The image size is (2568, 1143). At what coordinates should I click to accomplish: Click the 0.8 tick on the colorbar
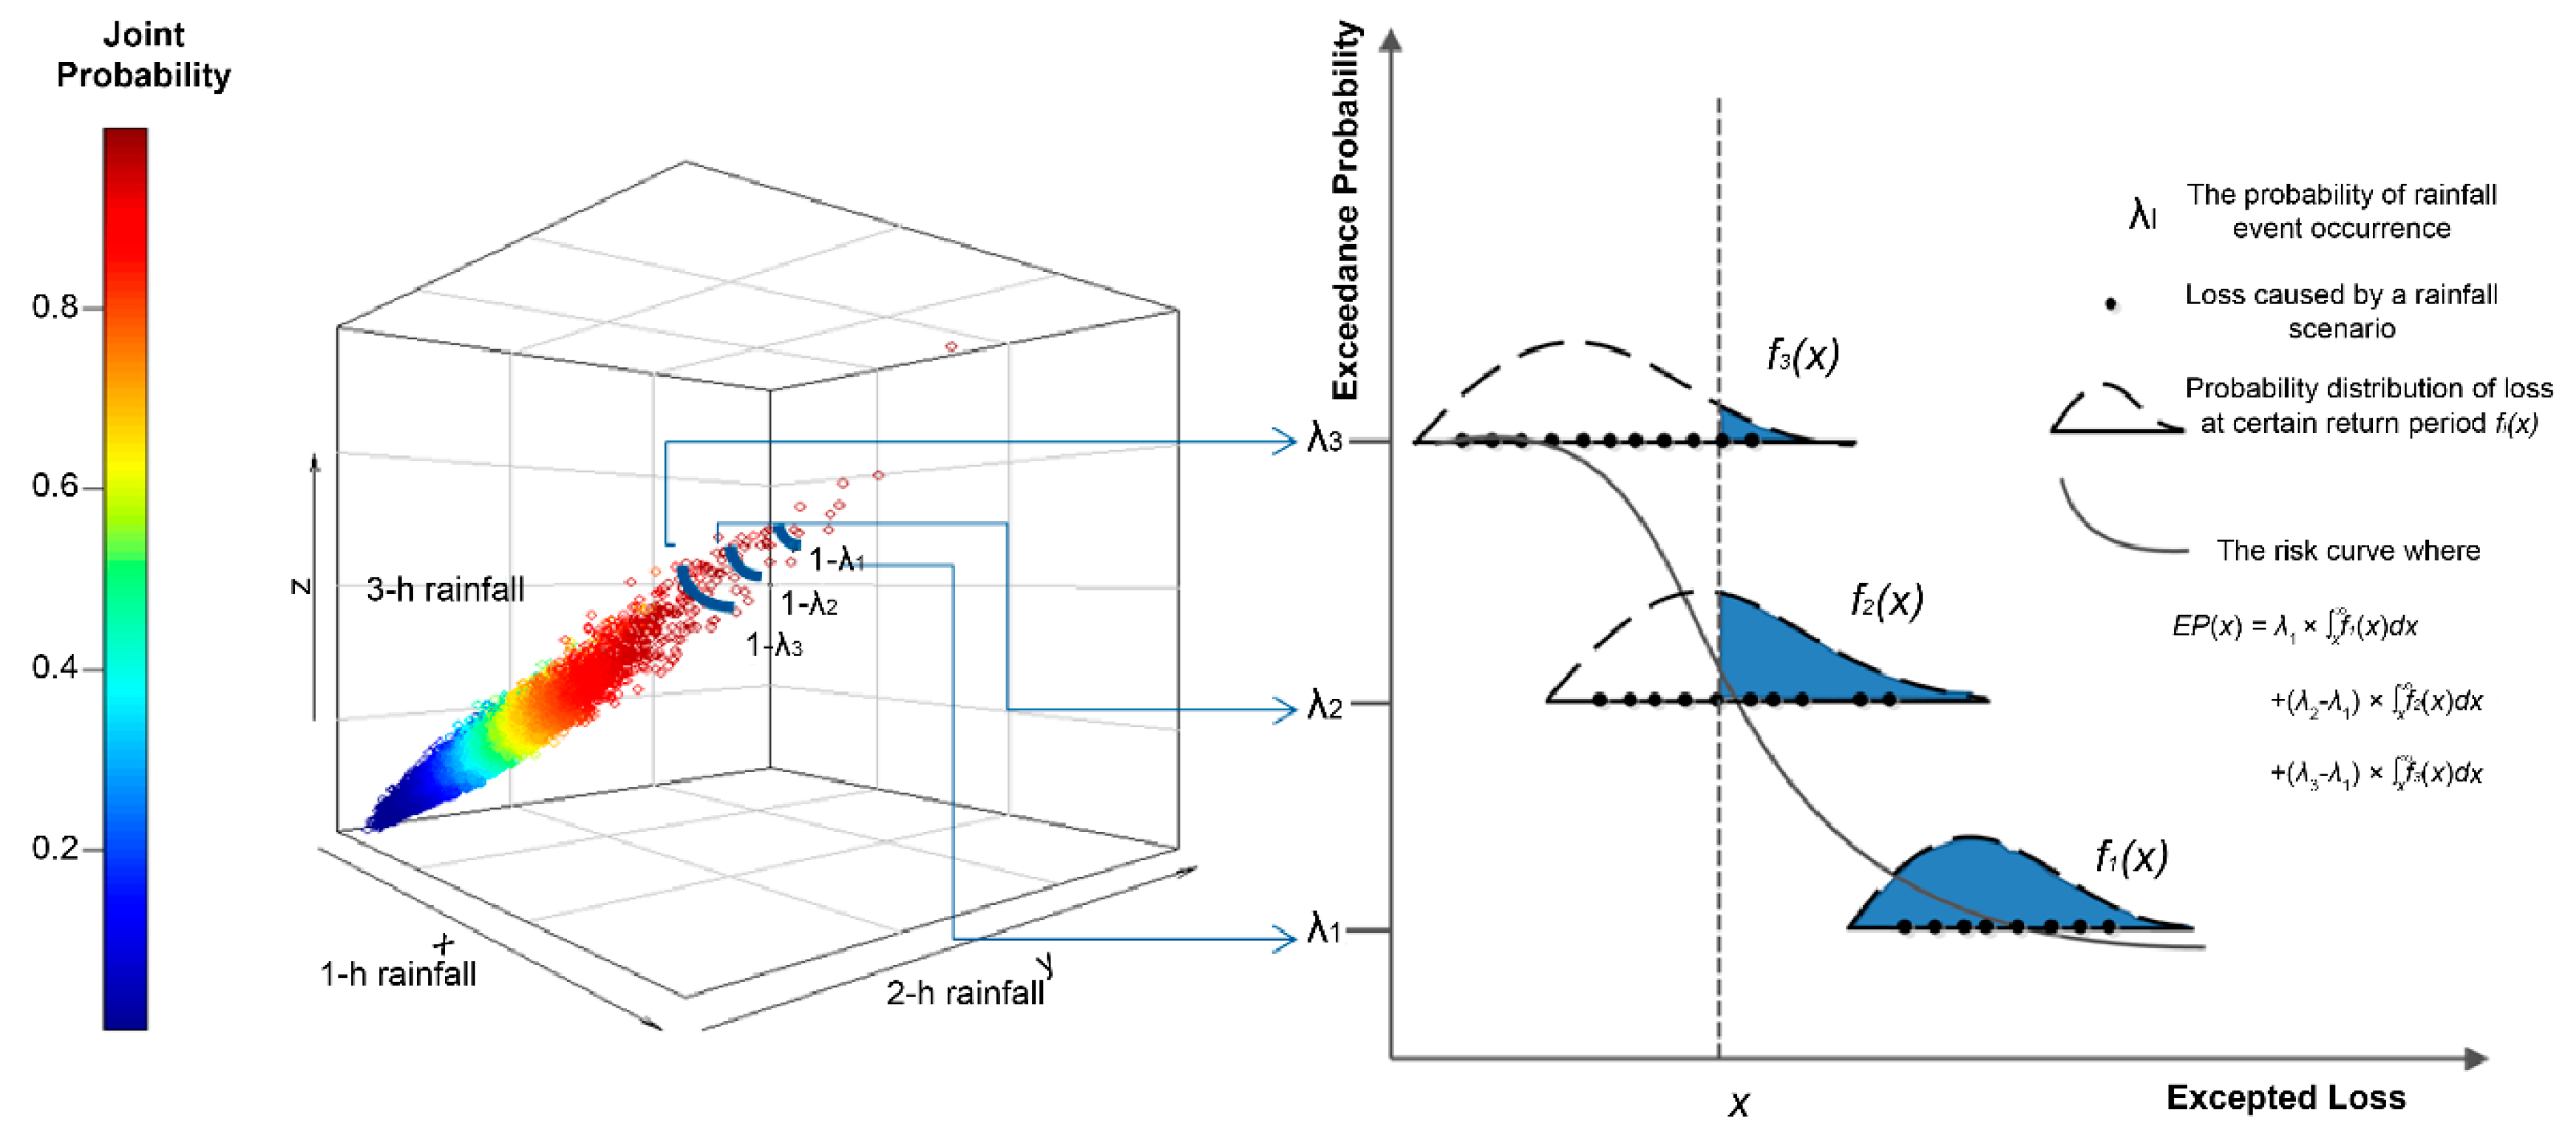pyautogui.click(x=54, y=307)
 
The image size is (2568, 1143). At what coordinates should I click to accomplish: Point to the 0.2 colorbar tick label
pyautogui.click(x=54, y=848)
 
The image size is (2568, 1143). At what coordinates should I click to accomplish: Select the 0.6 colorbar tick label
pyautogui.click(x=54, y=486)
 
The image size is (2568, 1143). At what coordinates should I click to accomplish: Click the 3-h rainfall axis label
pyautogui.click(x=444, y=589)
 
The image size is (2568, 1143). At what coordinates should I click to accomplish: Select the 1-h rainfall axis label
pyautogui.click(x=398, y=974)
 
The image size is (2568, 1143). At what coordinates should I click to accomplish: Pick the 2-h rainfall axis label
pyautogui.click(x=964, y=992)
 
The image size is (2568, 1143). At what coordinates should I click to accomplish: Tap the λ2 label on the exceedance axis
pyautogui.click(x=1325, y=706)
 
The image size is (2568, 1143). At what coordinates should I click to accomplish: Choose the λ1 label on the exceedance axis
pyautogui.click(x=1324, y=929)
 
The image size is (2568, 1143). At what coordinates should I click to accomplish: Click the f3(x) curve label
pyautogui.click(x=1802, y=355)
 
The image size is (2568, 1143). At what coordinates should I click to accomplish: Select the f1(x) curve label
pyautogui.click(x=2130, y=856)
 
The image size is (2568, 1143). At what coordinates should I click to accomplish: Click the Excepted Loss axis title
pyautogui.click(x=2285, y=1097)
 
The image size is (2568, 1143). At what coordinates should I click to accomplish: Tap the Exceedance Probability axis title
pyautogui.click(x=1346, y=211)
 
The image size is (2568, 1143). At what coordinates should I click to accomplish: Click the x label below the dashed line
pyautogui.click(x=1739, y=1103)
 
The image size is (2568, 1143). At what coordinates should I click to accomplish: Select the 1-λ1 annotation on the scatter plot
pyautogui.click(x=835, y=560)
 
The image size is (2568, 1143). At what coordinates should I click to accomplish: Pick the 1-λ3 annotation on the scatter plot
pyautogui.click(x=775, y=646)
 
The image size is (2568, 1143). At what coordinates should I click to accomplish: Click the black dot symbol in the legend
pyautogui.click(x=2110, y=304)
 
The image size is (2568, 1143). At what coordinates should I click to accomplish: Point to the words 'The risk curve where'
pyautogui.click(x=2348, y=550)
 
